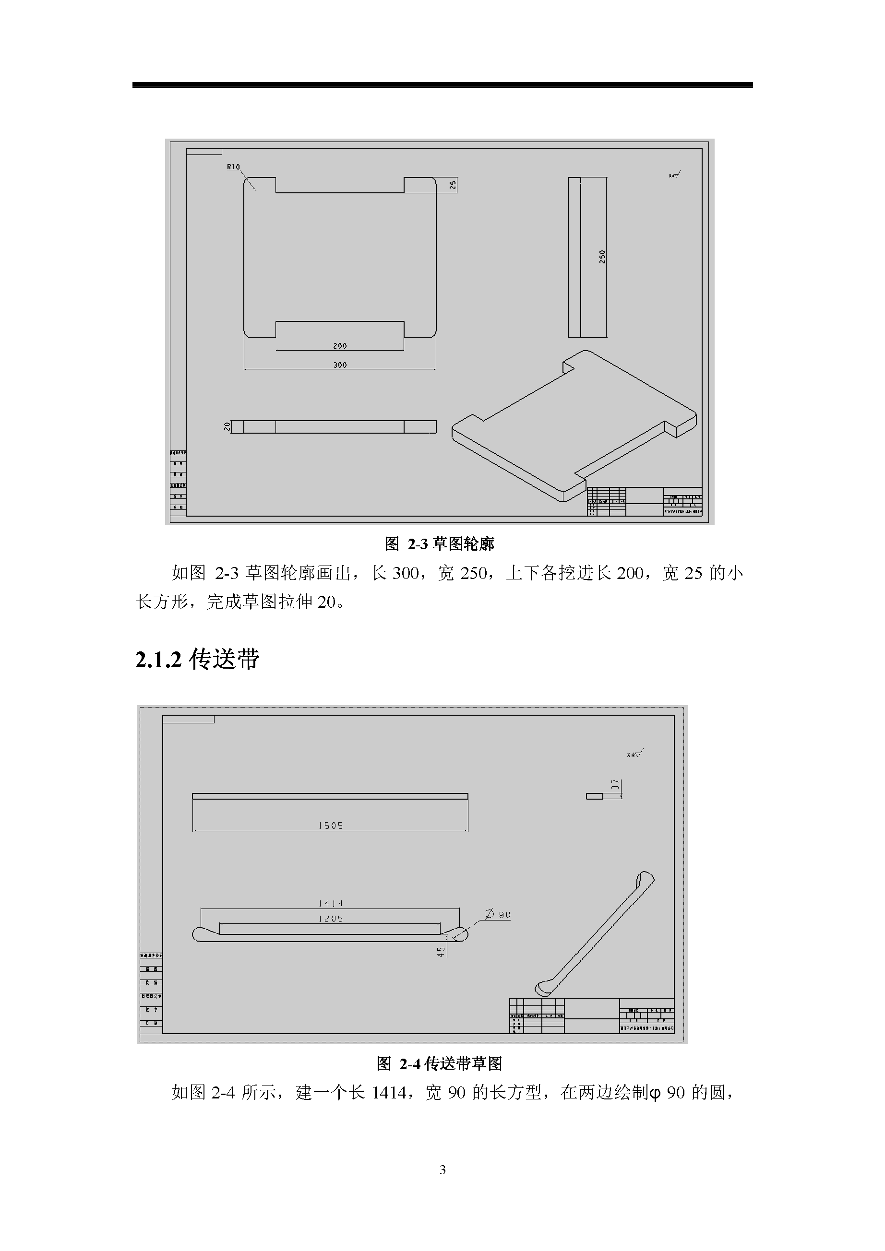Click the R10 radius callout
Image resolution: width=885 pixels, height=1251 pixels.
pyautogui.click(x=233, y=167)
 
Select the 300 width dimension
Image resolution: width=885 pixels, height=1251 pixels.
pyautogui.click(x=340, y=365)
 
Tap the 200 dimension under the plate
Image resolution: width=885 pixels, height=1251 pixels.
pyautogui.click(x=340, y=346)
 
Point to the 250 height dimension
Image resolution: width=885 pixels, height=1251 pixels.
pyautogui.click(x=602, y=257)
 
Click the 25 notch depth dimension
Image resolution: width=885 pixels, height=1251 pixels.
pyautogui.click(x=453, y=185)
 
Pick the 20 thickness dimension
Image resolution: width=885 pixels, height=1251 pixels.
pyautogui.click(x=227, y=426)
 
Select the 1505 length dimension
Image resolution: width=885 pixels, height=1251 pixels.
pyautogui.click(x=331, y=826)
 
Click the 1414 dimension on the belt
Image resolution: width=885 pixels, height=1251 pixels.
pyautogui.click(x=331, y=903)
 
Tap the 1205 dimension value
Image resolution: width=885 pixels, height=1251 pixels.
pyautogui.click(x=331, y=919)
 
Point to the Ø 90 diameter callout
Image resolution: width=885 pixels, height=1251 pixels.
pyautogui.click(x=497, y=914)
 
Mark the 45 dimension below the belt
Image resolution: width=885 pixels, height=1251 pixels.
pyautogui.click(x=441, y=951)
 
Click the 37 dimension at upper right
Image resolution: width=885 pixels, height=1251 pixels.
pyautogui.click(x=615, y=785)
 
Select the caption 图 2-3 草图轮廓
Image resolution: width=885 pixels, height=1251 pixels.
pyautogui.click(x=440, y=544)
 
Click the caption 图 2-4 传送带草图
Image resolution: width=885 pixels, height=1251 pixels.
pyautogui.click(x=439, y=1063)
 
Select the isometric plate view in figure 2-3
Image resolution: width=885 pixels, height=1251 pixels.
pyautogui.click(x=574, y=425)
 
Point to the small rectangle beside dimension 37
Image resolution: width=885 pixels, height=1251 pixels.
pyautogui.click(x=594, y=796)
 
